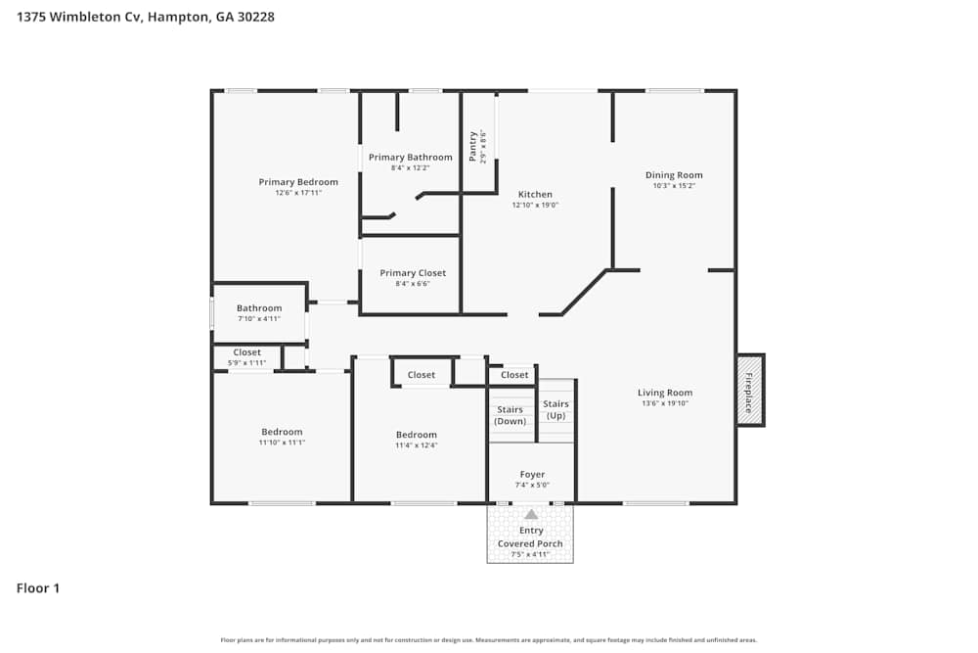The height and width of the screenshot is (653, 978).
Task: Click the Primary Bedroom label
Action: click(298, 182)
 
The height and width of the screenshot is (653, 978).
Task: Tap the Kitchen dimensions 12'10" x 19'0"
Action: click(535, 206)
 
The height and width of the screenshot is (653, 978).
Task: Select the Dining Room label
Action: click(674, 175)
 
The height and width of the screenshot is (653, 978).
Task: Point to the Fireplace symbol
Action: click(750, 391)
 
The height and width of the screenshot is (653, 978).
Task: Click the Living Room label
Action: click(665, 393)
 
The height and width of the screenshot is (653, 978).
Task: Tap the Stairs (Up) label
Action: click(556, 409)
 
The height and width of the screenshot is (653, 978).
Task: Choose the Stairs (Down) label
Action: click(510, 415)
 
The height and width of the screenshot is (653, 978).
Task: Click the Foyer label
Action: click(532, 475)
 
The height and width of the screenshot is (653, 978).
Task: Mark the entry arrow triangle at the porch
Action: click(531, 514)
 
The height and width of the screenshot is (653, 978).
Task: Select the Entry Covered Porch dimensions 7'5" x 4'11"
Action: click(530, 554)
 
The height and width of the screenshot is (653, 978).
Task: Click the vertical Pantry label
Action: click(473, 146)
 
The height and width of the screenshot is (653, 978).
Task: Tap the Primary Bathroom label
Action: click(411, 158)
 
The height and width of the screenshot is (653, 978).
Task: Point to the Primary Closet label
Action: click(413, 273)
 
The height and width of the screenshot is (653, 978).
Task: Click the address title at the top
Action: click(146, 17)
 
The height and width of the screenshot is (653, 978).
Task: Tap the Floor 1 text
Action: click(38, 588)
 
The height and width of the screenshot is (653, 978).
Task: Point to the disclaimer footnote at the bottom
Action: click(489, 640)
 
